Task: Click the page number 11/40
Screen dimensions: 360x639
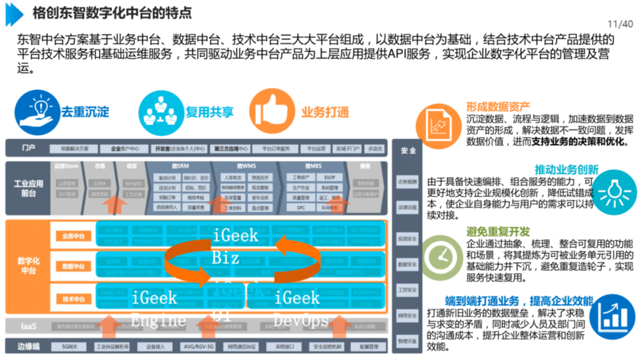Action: [x=619, y=24]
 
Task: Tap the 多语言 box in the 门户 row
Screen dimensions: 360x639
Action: [x=375, y=149]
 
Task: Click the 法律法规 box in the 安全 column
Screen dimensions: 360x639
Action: [x=407, y=208]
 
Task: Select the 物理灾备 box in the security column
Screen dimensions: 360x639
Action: [x=407, y=342]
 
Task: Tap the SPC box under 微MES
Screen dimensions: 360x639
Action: [x=301, y=208]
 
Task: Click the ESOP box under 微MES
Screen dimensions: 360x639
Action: [x=329, y=178]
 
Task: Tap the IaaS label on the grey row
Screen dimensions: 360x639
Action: [x=28, y=325]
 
